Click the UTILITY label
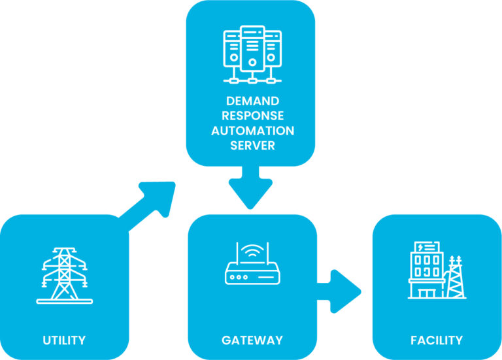(x=64, y=340)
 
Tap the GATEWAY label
(x=252, y=340)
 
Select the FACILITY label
(x=437, y=340)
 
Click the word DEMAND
(x=252, y=101)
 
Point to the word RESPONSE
(x=252, y=116)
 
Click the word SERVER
(x=252, y=145)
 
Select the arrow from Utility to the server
(x=150, y=206)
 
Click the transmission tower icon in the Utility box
(x=64, y=274)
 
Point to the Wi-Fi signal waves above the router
(x=252, y=251)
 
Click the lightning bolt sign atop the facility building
(x=427, y=247)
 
